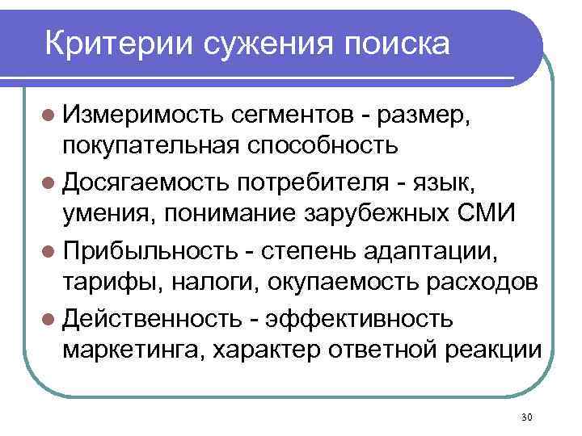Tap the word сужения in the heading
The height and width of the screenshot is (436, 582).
[x=258, y=42]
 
